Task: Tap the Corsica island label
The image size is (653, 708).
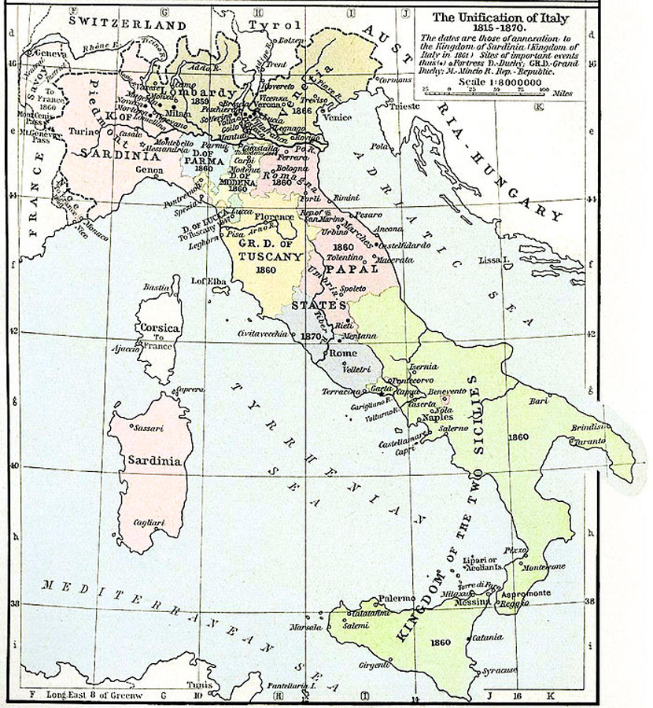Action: click(158, 327)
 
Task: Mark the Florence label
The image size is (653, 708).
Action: click(275, 216)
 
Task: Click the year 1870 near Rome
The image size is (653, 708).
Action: click(312, 336)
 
